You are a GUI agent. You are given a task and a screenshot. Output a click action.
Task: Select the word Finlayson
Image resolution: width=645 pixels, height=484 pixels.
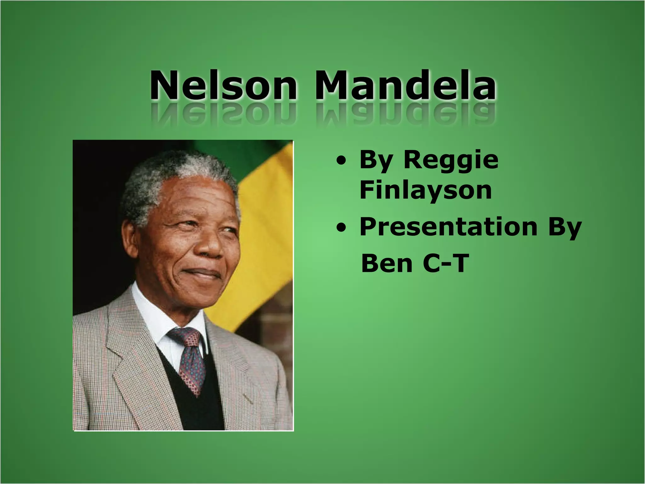(x=425, y=190)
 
